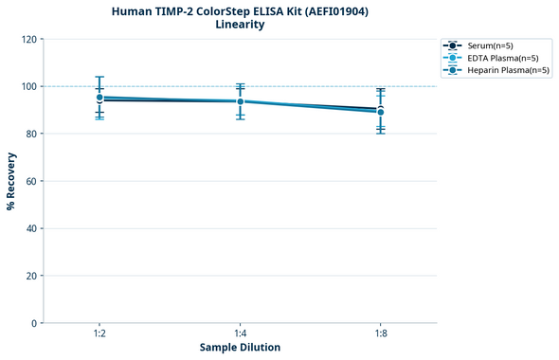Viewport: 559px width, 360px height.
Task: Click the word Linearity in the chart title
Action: point(240,25)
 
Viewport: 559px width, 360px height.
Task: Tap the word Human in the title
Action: point(131,11)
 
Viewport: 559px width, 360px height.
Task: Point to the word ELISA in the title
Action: point(255,11)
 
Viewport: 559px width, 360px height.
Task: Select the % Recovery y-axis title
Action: point(11,181)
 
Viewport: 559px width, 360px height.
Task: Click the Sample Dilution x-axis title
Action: point(240,348)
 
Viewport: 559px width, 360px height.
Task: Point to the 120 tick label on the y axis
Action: point(28,39)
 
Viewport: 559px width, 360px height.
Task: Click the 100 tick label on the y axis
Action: point(28,86)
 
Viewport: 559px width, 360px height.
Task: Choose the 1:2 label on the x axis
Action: point(99,334)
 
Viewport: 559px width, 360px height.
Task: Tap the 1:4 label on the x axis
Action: point(240,334)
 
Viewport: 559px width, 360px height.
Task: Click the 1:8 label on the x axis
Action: point(380,334)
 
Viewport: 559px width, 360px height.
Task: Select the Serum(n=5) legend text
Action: point(490,45)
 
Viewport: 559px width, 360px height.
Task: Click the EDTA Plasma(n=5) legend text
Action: point(503,58)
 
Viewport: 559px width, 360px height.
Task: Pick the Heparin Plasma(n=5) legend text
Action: point(508,70)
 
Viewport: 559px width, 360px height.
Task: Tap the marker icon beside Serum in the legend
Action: point(454,45)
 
